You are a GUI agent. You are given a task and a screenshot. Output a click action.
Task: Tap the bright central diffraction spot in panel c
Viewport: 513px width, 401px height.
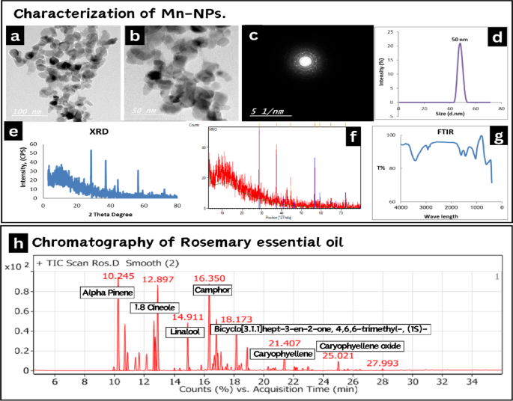tap(306, 60)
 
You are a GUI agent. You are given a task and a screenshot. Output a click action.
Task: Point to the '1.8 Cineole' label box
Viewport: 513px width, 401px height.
tap(154, 307)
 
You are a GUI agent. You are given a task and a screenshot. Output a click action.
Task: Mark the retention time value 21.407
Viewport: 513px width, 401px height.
tap(285, 343)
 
